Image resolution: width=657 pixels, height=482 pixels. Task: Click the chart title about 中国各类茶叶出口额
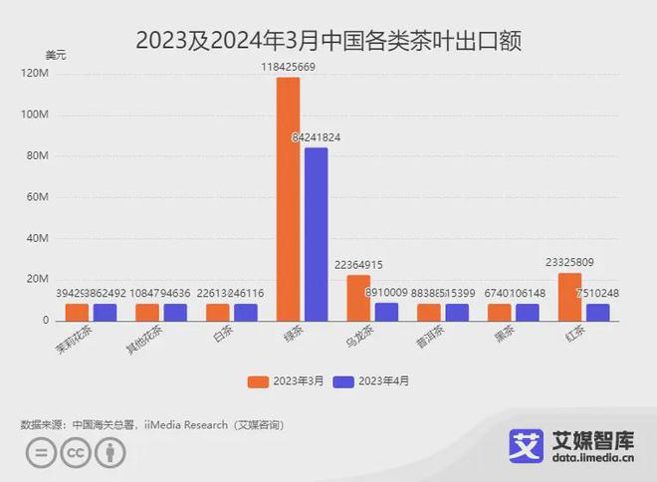click(328, 41)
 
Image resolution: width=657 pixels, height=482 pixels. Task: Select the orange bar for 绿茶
click(288, 199)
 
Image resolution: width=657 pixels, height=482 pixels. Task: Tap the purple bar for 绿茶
click(317, 234)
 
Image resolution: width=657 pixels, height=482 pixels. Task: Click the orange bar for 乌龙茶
click(358, 298)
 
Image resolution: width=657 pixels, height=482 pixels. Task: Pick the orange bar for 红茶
click(569, 297)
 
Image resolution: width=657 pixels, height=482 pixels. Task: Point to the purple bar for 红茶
click(597, 312)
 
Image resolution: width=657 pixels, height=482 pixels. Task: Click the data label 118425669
click(288, 67)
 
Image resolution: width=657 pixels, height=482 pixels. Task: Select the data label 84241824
click(317, 137)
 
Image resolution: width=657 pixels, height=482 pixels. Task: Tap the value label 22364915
click(358, 264)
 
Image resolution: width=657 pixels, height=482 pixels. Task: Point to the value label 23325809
click(569, 263)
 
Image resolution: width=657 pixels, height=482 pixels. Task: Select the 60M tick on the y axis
click(38, 197)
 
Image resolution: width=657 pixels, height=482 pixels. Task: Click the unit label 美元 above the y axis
click(57, 54)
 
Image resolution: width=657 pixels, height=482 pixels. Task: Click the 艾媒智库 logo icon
click(526, 445)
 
